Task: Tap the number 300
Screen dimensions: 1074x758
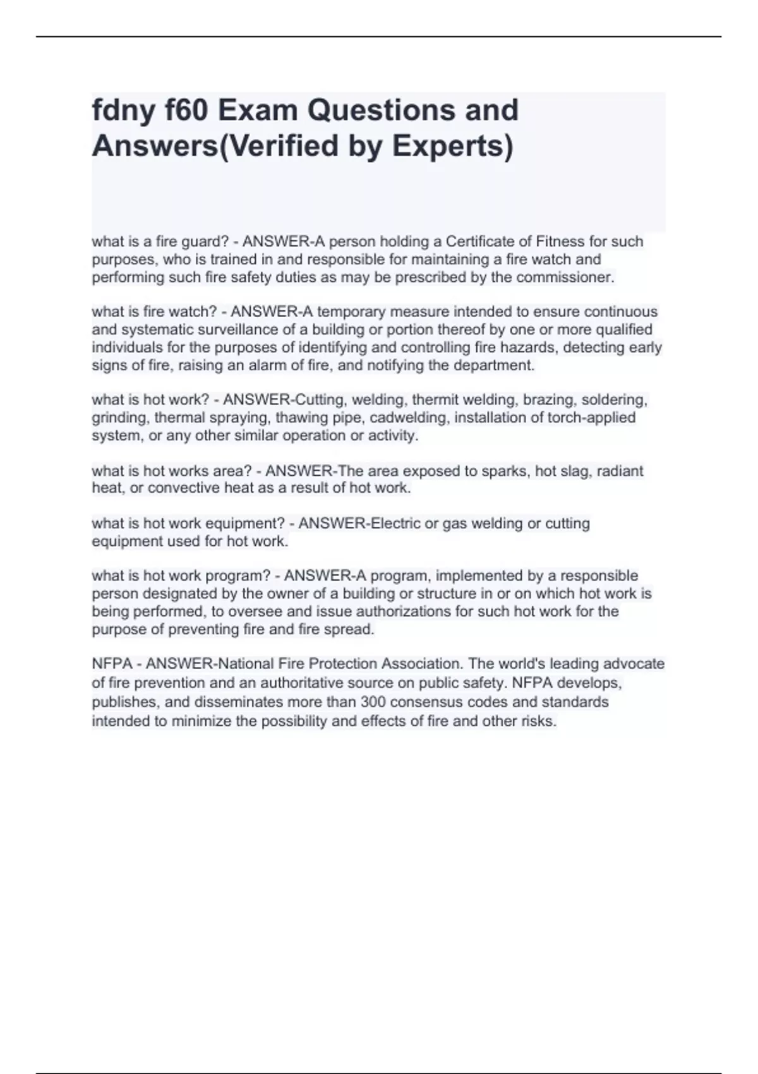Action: tap(373, 703)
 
